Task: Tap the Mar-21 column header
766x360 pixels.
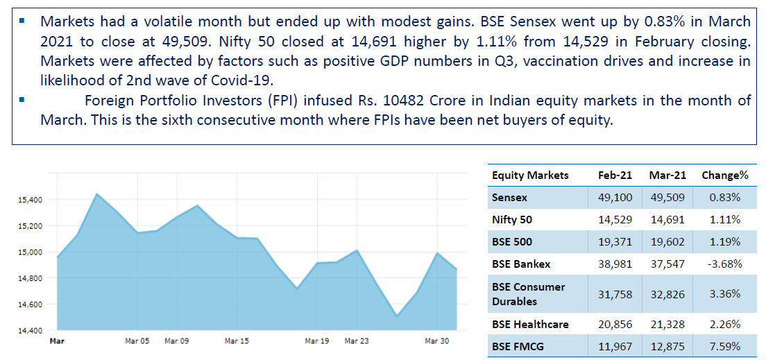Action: pyautogui.click(x=667, y=175)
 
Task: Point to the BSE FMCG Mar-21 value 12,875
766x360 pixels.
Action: pyautogui.click(x=667, y=347)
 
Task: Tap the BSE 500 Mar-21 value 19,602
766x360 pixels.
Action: pyautogui.click(x=667, y=242)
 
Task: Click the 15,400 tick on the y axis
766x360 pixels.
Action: pyautogui.click(x=31, y=200)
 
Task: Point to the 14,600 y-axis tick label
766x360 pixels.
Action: pyautogui.click(x=31, y=305)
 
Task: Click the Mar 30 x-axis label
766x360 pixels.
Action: pyautogui.click(x=436, y=341)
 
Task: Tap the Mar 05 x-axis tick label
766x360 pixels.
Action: pyautogui.click(x=137, y=341)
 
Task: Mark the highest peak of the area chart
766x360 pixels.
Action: pyautogui.click(x=97, y=194)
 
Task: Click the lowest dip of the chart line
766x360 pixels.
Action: pyautogui.click(x=398, y=316)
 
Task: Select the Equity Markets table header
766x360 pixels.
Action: pyautogui.click(x=530, y=175)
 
